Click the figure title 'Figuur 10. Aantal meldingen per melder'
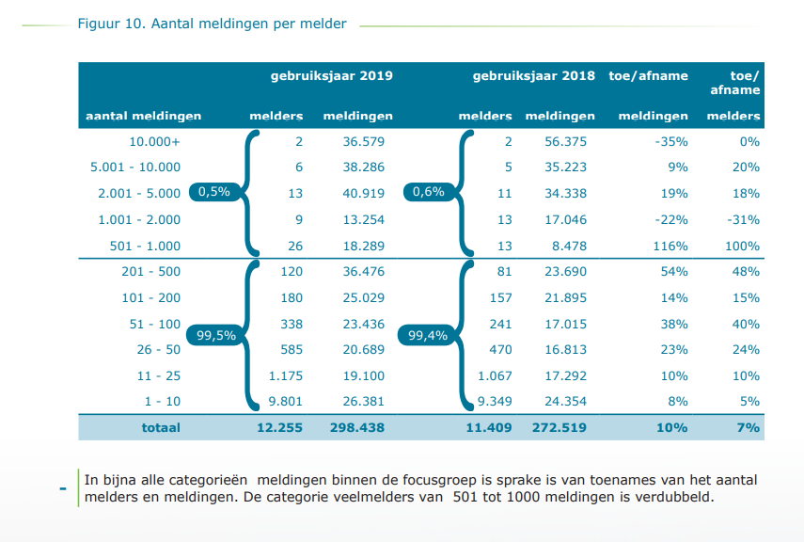[x=212, y=24]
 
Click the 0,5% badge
[x=214, y=192]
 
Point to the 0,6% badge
[x=428, y=192]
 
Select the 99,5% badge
[x=215, y=335]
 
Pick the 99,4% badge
[x=428, y=335]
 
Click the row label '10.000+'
[x=155, y=142]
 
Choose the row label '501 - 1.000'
[x=146, y=247]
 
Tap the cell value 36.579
[x=365, y=142]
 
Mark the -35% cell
[x=672, y=142]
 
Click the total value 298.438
[x=358, y=427]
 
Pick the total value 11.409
[x=489, y=427]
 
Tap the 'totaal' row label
[x=161, y=427]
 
